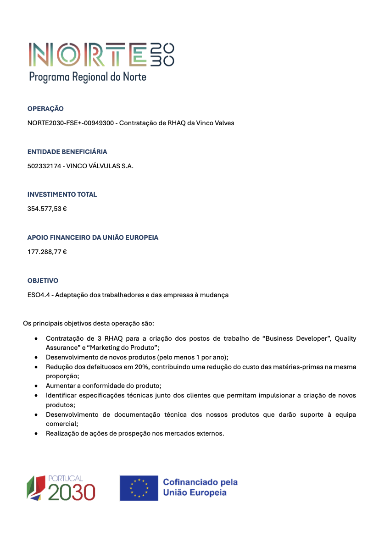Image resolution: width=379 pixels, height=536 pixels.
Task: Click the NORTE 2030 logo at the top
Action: [x=101, y=55]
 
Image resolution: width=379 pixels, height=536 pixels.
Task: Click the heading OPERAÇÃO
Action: [x=45, y=109]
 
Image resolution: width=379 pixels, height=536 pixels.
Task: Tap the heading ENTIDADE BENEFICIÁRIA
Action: [x=67, y=152]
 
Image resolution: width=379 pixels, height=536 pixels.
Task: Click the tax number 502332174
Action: [x=44, y=166]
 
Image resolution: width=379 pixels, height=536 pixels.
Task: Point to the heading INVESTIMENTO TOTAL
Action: [x=62, y=194]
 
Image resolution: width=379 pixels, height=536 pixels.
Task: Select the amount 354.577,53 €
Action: [x=47, y=209]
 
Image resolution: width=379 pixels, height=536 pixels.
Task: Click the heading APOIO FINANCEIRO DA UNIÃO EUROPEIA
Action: [x=93, y=238]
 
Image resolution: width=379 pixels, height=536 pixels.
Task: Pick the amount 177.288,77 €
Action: [x=47, y=252]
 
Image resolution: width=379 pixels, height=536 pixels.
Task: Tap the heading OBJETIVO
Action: [x=43, y=280]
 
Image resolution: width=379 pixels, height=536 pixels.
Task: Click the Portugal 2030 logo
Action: [x=61, y=488]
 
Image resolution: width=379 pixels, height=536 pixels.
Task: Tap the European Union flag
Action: [x=139, y=488]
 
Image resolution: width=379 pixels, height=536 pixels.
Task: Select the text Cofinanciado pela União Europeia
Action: [x=200, y=487]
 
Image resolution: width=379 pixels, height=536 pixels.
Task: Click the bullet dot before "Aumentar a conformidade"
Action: [x=36, y=386]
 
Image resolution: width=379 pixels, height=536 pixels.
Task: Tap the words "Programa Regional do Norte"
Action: [x=88, y=77]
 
